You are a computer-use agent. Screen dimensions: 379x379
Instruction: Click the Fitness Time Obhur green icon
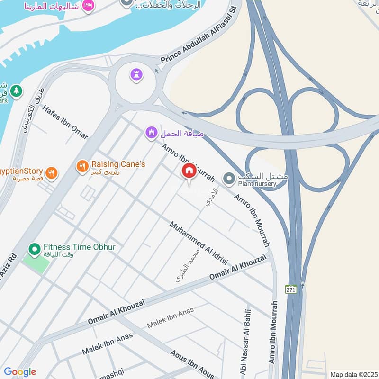(x=34, y=248)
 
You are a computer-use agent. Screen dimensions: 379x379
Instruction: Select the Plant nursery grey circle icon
(x=229, y=179)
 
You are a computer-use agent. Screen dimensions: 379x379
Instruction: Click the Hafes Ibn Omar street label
(x=65, y=122)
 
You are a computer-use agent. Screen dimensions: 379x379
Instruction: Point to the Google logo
(x=19, y=372)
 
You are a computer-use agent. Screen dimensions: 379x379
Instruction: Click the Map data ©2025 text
(x=353, y=374)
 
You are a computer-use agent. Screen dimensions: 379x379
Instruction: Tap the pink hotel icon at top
(x=88, y=6)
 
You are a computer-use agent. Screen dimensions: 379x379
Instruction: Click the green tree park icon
(x=16, y=90)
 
